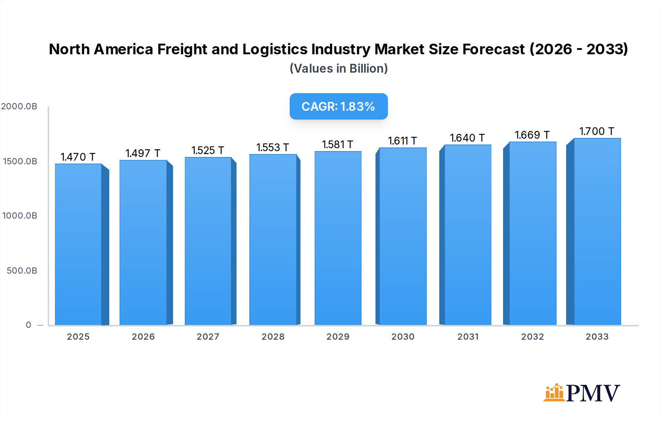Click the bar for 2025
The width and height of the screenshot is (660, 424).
click(78, 244)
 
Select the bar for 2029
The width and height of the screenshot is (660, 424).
click(338, 238)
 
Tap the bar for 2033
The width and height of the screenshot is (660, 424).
click(597, 231)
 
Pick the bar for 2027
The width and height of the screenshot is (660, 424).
click(208, 241)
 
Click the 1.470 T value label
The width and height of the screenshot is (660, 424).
click(78, 157)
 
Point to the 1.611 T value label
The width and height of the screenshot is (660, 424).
click(402, 141)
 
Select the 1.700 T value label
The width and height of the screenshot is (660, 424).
click(597, 131)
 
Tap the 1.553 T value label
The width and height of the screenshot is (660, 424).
click(272, 147)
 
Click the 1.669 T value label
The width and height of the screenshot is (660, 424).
click(532, 135)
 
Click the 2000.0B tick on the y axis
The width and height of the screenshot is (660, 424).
click(19, 106)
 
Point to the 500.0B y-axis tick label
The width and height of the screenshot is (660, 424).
click(22, 271)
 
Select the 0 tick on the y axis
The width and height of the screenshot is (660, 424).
click(29, 325)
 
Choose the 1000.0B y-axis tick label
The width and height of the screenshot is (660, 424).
click(20, 216)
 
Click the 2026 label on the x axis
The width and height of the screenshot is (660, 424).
click(143, 337)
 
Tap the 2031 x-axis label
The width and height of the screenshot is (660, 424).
click(468, 337)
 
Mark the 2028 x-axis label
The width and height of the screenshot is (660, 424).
click(273, 337)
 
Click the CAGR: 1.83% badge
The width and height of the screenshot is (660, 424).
click(338, 106)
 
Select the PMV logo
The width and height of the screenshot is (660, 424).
click(582, 393)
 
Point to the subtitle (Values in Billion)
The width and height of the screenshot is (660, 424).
click(338, 69)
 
